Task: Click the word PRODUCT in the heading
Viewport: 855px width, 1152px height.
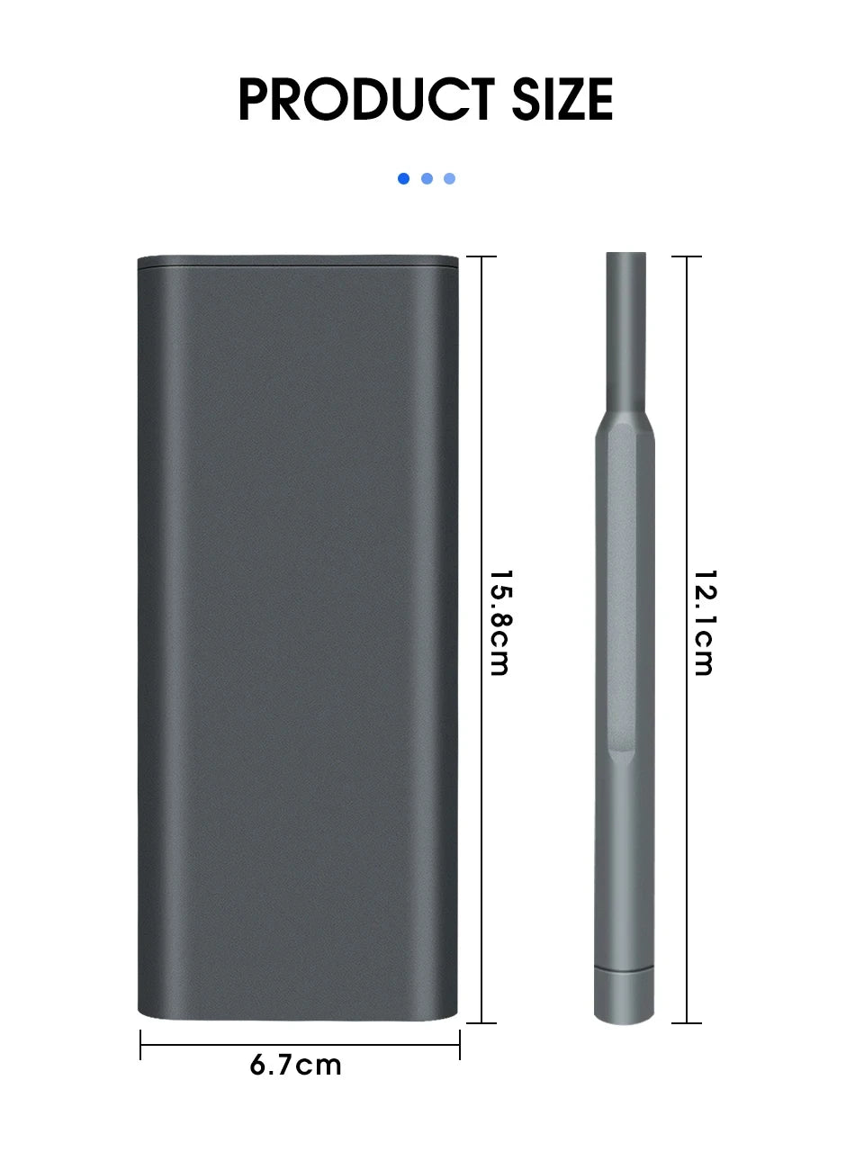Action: tap(366, 99)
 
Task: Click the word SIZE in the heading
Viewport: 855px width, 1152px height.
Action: tap(562, 99)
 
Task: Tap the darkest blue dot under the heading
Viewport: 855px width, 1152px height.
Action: tap(403, 179)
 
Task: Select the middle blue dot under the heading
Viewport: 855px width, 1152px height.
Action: tap(427, 179)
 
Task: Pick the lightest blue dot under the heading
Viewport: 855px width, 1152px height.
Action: tap(450, 179)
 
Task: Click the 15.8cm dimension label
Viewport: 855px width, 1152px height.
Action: tap(500, 623)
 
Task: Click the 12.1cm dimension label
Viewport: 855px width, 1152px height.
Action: tap(706, 623)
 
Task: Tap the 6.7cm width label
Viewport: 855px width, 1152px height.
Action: tap(295, 1066)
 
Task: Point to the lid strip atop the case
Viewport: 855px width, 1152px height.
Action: tap(298, 261)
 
